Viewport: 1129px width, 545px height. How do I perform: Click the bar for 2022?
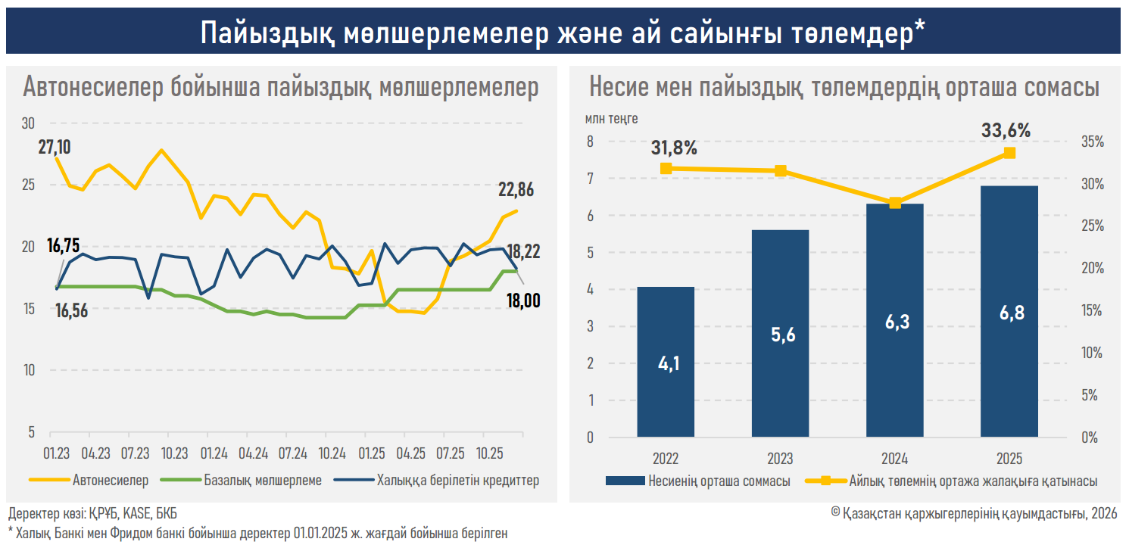click(x=666, y=362)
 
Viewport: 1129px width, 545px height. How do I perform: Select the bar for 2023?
click(x=780, y=333)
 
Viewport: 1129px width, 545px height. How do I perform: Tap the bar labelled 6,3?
click(x=895, y=320)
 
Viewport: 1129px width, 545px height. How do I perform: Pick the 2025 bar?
click(x=1009, y=311)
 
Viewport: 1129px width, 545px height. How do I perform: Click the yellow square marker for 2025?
click(x=1009, y=153)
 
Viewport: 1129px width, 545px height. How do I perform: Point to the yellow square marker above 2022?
click(x=666, y=169)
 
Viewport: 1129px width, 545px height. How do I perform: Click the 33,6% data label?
click(x=1006, y=130)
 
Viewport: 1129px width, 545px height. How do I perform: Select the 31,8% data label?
click(x=673, y=148)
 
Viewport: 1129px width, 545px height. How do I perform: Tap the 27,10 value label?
click(x=55, y=146)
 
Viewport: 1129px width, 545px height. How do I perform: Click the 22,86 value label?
click(x=516, y=189)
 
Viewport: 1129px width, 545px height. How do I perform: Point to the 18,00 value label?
click(x=522, y=301)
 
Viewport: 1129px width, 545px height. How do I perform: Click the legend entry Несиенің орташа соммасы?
click(x=719, y=481)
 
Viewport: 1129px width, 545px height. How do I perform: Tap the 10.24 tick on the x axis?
click(x=332, y=453)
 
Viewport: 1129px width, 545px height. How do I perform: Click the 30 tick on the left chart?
click(x=29, y=123)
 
